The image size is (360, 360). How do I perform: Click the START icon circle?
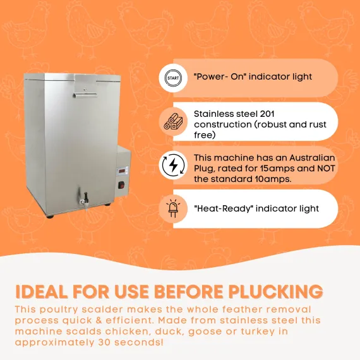coord(173,78)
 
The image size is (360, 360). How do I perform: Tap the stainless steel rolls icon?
coord(173,122)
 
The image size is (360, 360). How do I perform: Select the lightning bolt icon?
coord(173,165)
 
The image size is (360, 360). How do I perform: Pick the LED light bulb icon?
coord(173,208)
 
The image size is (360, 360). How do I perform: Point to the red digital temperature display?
coord(122,171)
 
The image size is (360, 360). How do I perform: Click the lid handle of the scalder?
coord(85,95)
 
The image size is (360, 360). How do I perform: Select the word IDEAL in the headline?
coord(42,292)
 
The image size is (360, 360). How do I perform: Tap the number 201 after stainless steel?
coord(268,114)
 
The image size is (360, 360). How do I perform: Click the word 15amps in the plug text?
coord(277,169)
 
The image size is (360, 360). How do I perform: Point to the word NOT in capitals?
coord(326,169)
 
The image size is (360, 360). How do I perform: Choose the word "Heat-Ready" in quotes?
coord(223,209)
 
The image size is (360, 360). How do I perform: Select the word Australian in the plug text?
coord(312,158)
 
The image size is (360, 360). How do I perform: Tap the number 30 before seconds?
coord(104,342)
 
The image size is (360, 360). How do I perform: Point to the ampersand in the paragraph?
coord(99,320)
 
